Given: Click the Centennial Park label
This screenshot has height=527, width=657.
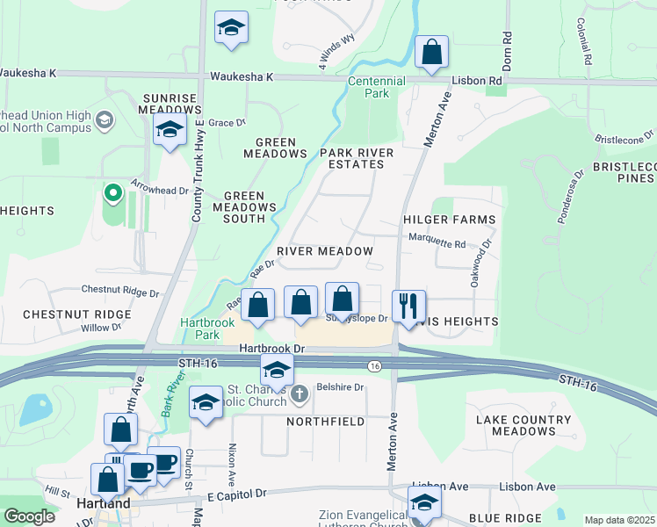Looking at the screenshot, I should click(x=376, y=87).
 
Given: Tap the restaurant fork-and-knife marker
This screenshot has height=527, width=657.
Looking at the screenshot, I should click(x=408, y=307).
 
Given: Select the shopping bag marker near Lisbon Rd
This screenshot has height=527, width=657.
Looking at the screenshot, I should click(x=431, y=52).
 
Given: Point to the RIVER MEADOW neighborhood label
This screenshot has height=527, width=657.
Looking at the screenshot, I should click(x=325, y=251).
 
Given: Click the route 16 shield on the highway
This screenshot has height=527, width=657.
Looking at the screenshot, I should click(x=375, y=365).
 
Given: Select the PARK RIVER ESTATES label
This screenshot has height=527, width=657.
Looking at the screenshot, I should click(x=357, y=159).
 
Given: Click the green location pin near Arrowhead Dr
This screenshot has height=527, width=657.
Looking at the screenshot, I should click(x=112, y=192).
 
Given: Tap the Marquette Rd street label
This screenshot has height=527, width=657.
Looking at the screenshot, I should click(x=437, y=243).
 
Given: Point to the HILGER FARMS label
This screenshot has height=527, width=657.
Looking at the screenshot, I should click(x=449, y=220).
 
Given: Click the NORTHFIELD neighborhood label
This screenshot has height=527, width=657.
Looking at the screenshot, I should click(x=325, y=422).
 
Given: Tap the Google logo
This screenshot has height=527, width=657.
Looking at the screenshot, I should click(x=29, y=516).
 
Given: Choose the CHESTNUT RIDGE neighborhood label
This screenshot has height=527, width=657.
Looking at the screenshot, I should click(x=64, y=314).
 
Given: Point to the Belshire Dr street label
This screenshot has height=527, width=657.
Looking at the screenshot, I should click(x=339, y=386).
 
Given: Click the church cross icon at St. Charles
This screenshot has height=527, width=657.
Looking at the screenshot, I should click(x=300, y=393).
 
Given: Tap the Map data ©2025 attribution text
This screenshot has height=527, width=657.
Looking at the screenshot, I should click(x=619, y=520).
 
